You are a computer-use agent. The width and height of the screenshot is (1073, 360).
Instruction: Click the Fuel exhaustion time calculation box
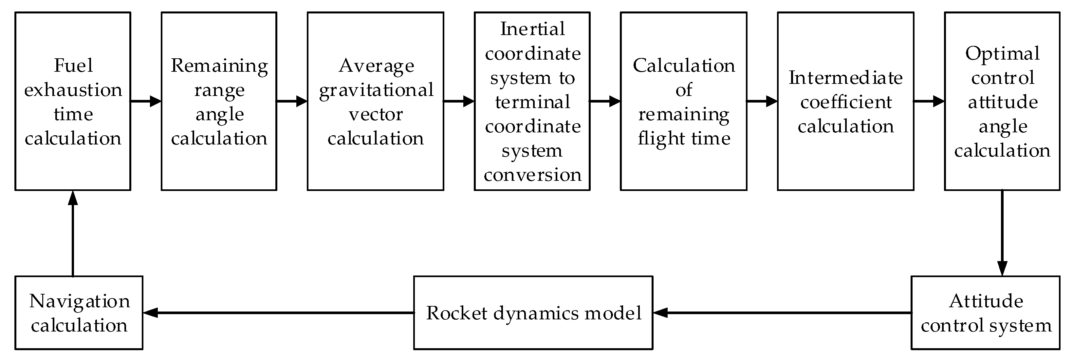(73, 101)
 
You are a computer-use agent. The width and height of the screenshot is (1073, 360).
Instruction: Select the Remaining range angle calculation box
(219, 101)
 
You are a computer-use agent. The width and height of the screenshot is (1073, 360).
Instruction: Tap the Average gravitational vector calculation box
(375, 101)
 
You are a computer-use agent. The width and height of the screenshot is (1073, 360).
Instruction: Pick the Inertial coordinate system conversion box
(532, 101)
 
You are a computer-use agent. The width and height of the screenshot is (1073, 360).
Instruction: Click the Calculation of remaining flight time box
(684, 101)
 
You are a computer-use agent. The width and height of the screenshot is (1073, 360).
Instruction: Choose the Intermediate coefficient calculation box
(845, 101)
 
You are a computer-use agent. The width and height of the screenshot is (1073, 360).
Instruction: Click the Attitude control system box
(985, 313)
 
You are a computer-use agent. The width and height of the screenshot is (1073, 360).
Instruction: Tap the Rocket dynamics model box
(533, 313)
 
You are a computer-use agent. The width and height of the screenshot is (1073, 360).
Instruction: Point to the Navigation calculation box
(79, 313)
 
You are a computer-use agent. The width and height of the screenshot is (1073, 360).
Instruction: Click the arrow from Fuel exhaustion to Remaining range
(146, 101)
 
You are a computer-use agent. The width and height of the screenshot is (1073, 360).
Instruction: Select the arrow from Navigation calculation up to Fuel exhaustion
(73, 233)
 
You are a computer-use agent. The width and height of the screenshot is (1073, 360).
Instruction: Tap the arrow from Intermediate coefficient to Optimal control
(929, 101)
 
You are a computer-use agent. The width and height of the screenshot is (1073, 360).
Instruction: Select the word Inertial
(532, 29)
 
